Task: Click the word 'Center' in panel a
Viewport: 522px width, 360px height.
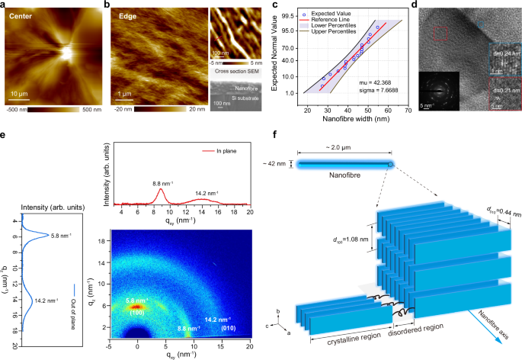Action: coord(22,15)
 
